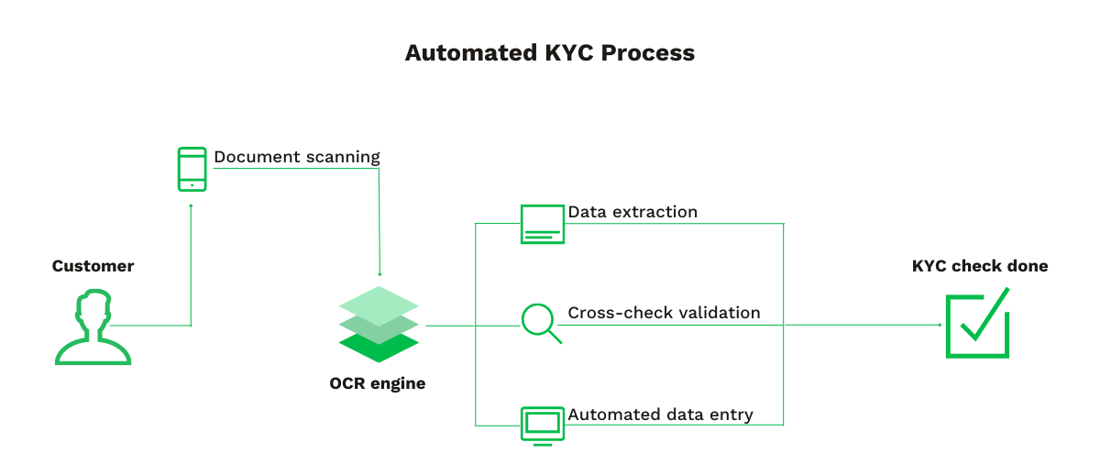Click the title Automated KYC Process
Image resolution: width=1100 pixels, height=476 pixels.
[550, 53]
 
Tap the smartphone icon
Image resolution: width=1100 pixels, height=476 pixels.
[192, 170]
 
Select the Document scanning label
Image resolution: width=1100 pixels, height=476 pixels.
[296, 157]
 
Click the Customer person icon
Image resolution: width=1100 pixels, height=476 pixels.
[93, 327]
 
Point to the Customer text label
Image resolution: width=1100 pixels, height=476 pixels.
[93, 267]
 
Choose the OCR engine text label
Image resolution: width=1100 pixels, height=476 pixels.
[378, 383]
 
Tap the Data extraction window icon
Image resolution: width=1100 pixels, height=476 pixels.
[543, 224]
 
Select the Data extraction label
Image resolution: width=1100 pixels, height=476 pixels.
[632, 212]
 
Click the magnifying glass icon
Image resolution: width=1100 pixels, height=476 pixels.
[541, 324]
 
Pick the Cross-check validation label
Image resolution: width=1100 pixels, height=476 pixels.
[664, 313]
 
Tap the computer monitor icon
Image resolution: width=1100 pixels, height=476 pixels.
[543, 425]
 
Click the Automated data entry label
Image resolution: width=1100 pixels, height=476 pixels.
[660, 415]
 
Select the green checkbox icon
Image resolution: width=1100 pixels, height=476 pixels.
[977, 324]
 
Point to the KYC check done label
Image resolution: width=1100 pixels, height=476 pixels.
[980, 267]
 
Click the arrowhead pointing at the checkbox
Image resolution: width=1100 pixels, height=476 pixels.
[939, 325]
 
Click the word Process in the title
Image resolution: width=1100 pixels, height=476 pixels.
[648, 53]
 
